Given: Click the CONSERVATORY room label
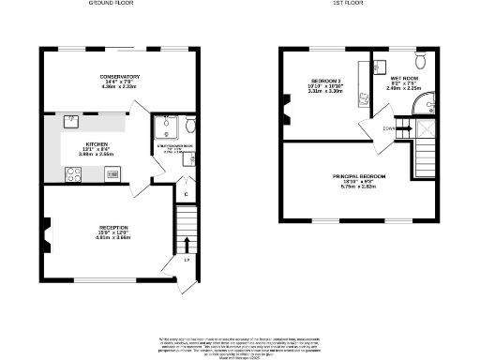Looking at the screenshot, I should (x=120, y=76).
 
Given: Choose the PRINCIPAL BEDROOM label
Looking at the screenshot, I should (x=358, y=176).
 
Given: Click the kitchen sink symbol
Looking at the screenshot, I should (x=71, y=120).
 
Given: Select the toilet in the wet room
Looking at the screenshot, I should (x=421, y=61).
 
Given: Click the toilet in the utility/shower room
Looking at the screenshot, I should (x=190, y=124).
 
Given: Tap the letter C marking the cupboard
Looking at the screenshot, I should (x=187, y=195).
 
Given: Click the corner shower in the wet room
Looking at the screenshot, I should (x=425, y=101).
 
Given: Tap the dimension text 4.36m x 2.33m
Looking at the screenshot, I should (x=120, y=86).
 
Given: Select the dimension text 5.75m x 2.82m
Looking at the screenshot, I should (x=358, y=187).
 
